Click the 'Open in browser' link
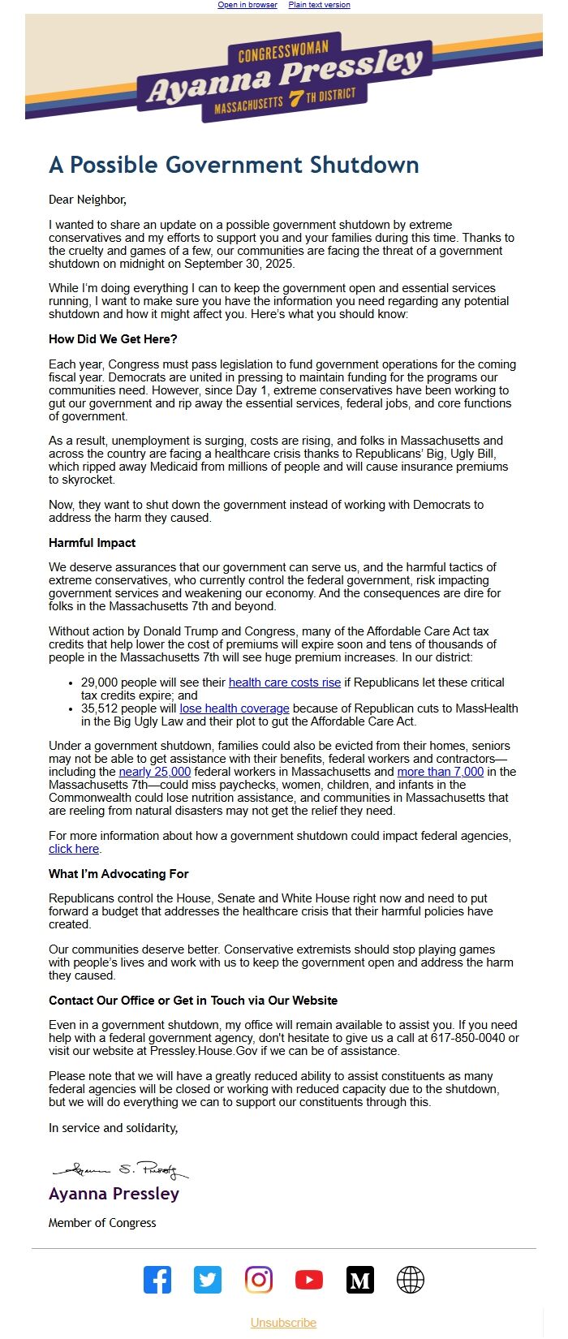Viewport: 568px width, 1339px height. (247, 5)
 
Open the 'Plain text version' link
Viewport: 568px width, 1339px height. (319, 5)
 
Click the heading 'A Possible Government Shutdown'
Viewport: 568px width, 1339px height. (234, 165)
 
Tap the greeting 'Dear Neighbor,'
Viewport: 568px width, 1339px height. (88, 200)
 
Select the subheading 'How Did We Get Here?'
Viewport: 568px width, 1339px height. (113, 339)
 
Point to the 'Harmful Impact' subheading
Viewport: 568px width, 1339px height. (92, 543)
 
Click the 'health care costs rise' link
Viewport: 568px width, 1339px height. (285, 682)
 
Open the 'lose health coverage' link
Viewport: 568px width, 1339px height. (235, 708)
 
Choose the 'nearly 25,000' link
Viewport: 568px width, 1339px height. (155, 772)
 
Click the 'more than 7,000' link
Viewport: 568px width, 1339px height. (440, 772)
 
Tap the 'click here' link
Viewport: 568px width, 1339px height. (74, 849)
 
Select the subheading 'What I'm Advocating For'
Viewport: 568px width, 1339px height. (118, 874)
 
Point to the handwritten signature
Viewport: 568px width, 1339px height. (120, 1169)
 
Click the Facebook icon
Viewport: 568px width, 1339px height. (157, 1280)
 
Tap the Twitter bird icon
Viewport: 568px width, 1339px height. (208, 1280)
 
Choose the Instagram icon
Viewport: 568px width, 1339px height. (259, 1280)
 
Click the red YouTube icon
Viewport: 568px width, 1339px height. (309, 1280)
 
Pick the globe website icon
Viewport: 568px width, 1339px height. (411, 1280)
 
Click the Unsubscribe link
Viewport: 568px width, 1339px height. (283, 1323)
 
